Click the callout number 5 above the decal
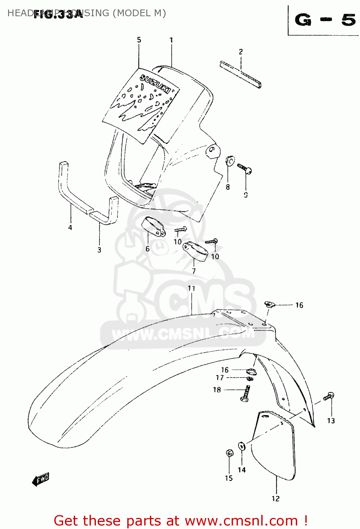pyautogui.click(x=139, y=40)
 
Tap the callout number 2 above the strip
pyautogui.click(x=241, y=51)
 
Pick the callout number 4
pyautogui.click(x=70, y=227)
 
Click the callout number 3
pyautogui.click(x=99, y=250)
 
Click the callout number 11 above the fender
pyautogui.click(x=191, y=288)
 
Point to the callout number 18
pyautogui.click(x=217, y=390)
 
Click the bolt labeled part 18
pyautogui.click(x=246, y=394)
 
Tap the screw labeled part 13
pyautogui.click(x=329, y=396)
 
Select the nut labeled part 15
pyautogui.click(x=229, y=452)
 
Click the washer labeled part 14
pyautogui.click(x=242, y=446)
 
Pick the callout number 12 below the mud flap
pyautogui.click(x=276, y=498)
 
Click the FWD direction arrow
pyautogui.click(x=41, y=479)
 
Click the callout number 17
pyautogui.click(x=220, y=378)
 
